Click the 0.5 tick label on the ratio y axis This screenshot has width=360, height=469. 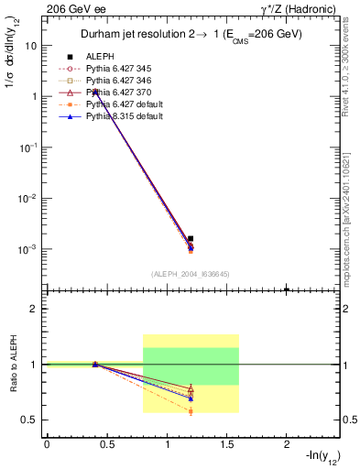click(x=29, y=420)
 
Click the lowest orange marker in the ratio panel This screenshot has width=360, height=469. click(x=191, y=411)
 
